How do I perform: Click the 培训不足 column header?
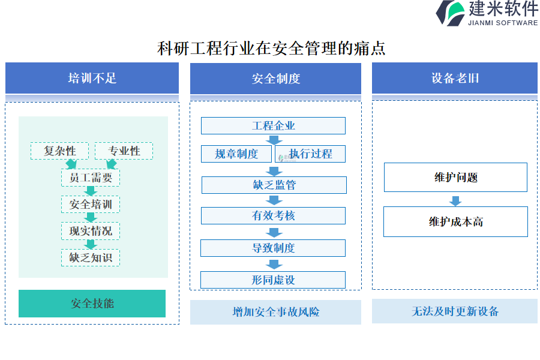click(92, 78)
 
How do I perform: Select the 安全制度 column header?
click(275, 78)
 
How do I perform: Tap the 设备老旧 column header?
click(455, 78)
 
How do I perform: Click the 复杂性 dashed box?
click(59, 151)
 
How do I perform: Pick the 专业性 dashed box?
click(124, 151)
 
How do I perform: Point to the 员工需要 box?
click(91, 178)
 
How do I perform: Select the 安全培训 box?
click(91, 204)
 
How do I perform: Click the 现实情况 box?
click(91, 231)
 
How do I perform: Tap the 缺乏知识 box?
click(91, 257)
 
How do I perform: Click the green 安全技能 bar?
click(92, 304)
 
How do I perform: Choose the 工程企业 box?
click(273, 126)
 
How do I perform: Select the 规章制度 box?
click(236, 154)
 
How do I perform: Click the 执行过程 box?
click(310, 154)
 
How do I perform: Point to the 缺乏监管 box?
click(274, 185)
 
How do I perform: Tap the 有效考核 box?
click(273, 215)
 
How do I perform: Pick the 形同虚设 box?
click(273, 280)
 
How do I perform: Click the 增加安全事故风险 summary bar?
click(275, 312)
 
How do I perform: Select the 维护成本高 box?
click(455, 222)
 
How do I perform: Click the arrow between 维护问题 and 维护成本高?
click(455, 200)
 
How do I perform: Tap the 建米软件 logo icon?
click(450, 13)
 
